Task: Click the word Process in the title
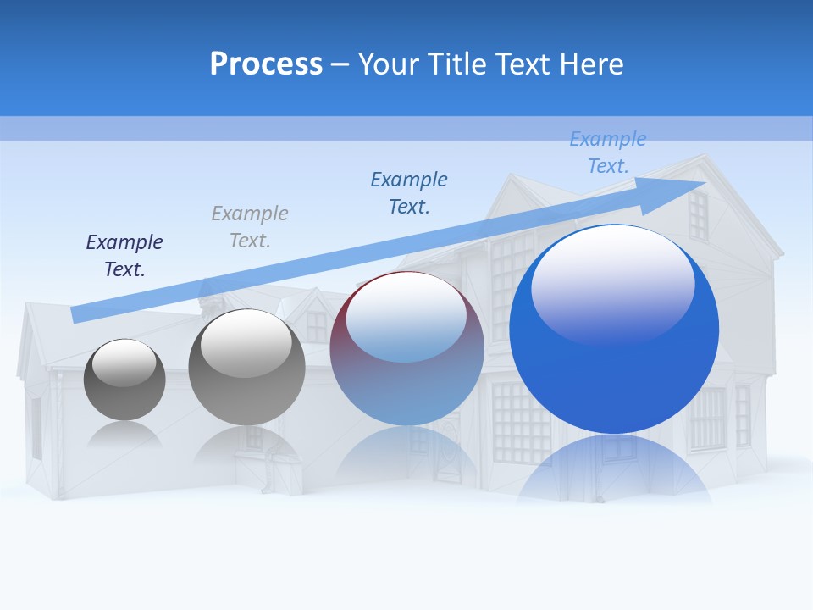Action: click(266, 64)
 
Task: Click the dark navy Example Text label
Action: click(124, 256)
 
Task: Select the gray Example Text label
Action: click(250, 227)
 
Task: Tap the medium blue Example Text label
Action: click(409, 193)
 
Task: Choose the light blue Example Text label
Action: click(608, 152)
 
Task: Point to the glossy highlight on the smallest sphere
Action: click(124, 362)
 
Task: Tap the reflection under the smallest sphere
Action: click(124, 434)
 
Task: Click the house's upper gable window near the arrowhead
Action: click(697, 216)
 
